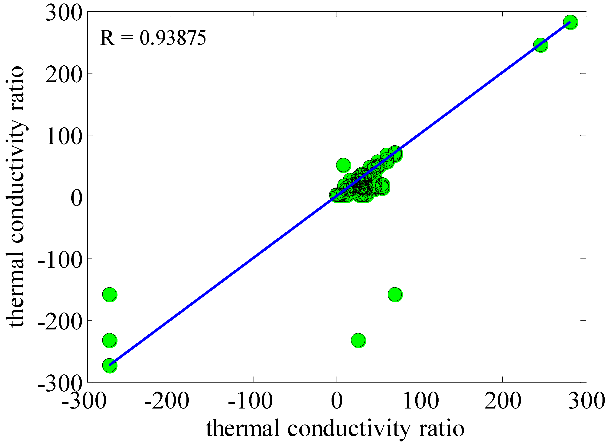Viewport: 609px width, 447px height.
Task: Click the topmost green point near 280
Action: [570, 22]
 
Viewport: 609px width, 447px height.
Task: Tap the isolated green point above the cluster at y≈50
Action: [343, 165]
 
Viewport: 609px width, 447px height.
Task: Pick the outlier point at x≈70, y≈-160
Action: [395, 294]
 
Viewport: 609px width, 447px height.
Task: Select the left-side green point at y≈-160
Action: [109, 294]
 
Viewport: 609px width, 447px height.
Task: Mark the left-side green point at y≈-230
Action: [109, 340]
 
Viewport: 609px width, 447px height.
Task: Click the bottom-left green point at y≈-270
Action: [109, 365]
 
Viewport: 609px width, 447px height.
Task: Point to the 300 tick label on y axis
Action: [64, 13]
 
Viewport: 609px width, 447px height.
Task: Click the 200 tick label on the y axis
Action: [64, 74]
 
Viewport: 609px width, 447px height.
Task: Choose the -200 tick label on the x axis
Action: [166, 401]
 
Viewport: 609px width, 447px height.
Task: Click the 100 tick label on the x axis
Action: [421, 401]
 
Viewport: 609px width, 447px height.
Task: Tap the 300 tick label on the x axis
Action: [586, 401]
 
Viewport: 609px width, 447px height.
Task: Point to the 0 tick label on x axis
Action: [337, 401]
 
